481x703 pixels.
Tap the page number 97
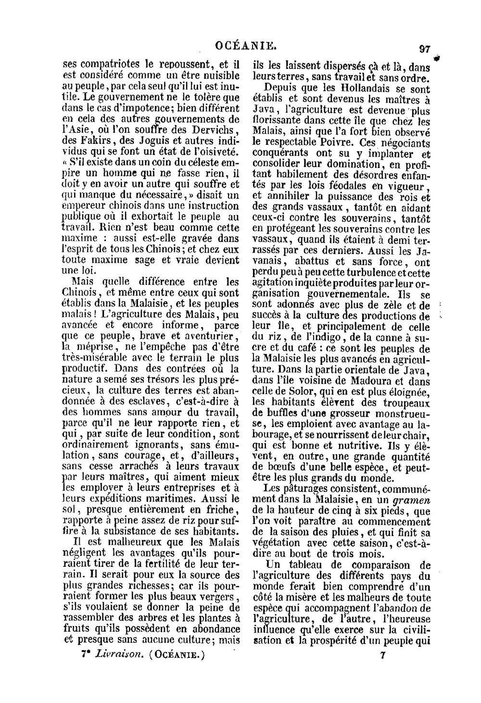(424, 49)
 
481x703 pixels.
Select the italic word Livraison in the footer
(118, 655)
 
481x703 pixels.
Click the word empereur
(85, 205)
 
